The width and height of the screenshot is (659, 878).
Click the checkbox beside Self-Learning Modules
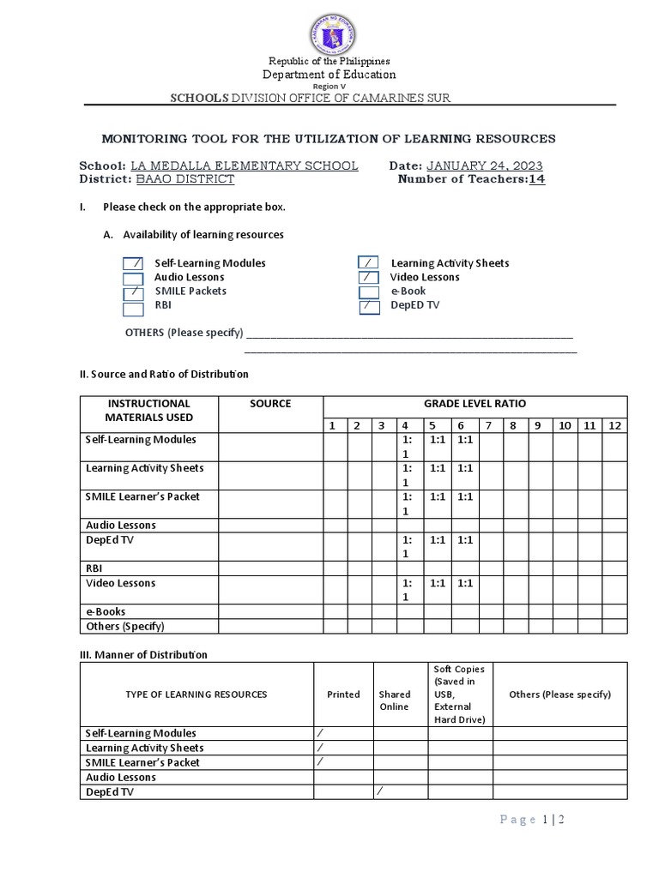[133, 264]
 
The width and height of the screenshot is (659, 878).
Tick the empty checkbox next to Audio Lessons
[133, 279]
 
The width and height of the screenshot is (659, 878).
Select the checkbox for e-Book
[369, 292]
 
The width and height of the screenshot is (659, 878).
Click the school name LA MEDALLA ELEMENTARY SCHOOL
[244, 165]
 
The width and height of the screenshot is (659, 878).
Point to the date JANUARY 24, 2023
[484, 165]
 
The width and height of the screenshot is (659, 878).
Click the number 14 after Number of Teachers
[536, 179]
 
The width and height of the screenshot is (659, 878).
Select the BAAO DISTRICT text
[184, 179]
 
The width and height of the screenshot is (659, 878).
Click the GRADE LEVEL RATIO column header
[475, 404]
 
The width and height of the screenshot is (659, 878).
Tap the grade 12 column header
[614, 425]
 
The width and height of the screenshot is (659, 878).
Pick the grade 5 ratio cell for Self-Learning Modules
[438, 440]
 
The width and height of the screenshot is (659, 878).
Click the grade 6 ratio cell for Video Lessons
[464, 583]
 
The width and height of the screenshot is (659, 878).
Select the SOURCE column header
[270, 404]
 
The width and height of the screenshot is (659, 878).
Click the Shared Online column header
[395, 701]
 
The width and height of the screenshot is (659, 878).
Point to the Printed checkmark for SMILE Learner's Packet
[320, 761]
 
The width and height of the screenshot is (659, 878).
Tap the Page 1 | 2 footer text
[531, 820]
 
